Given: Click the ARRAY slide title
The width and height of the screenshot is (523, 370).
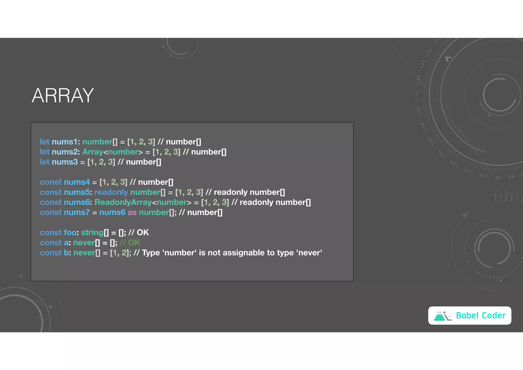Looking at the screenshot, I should coord(63,95).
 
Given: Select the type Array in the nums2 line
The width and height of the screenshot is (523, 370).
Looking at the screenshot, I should coord(93,152).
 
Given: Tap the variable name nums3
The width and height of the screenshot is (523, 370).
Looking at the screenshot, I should coord(65,162).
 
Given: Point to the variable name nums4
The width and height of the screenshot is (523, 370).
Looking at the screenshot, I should coord(77,182).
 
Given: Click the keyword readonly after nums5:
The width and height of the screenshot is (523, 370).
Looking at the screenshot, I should coord(111,192).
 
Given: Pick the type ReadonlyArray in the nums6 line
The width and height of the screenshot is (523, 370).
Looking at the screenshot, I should coord(123,202).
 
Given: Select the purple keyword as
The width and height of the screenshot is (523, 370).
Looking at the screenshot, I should coord(132,212).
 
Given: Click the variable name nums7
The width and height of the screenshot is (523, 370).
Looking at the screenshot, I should coord(77,212).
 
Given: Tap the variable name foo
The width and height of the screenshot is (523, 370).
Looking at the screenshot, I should coord(70,233).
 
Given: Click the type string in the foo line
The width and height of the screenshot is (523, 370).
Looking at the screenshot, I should coord(92,233).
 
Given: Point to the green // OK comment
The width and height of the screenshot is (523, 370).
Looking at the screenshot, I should coord(130,242).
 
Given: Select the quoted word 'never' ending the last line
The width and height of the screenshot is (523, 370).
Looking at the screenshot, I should coord(309,253).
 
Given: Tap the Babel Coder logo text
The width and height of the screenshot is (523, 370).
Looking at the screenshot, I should coord(481,316).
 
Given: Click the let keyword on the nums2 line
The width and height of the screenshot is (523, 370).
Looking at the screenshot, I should coord(44,152).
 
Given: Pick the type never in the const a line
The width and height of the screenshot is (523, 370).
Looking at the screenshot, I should coord(84,242).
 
